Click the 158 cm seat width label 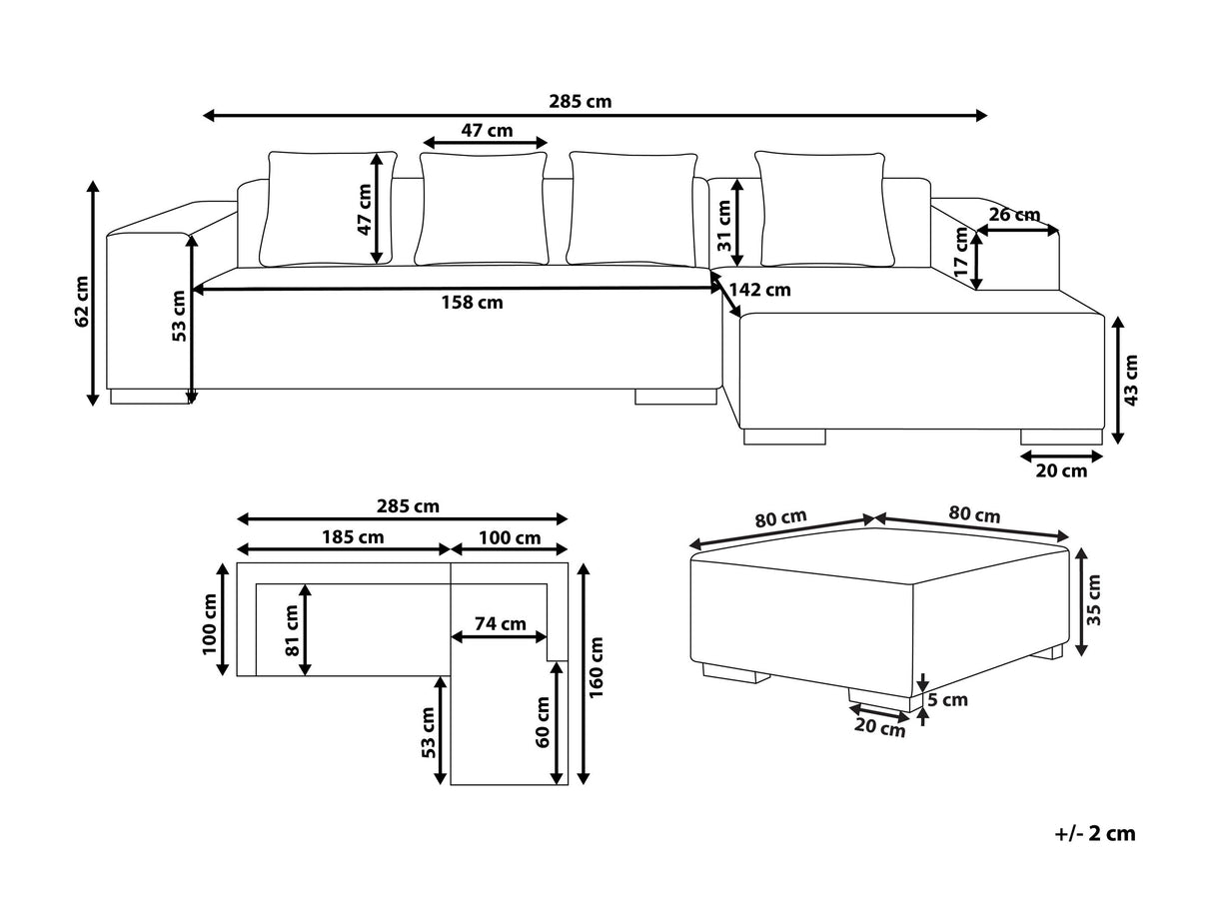coord(472,303)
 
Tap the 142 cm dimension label coord(759,290)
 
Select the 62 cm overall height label coord(82,302)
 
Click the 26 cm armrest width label coord(1014,215)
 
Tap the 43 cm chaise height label coord(1131,381)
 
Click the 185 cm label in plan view coord(353,536)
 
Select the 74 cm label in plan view coord(501,623)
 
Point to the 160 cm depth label coord(597,667)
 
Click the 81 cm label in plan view coord(292,630)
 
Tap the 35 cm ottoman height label coord(1094,599)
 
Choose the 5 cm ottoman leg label coord(947,699)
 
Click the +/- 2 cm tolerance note coord(1095,834)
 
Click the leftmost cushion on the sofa coord(329,209)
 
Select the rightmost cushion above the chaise coord(825,210)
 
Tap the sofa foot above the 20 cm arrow coord(1061,437)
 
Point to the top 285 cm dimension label coord(581,102)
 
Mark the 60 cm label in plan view coord(543,722)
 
